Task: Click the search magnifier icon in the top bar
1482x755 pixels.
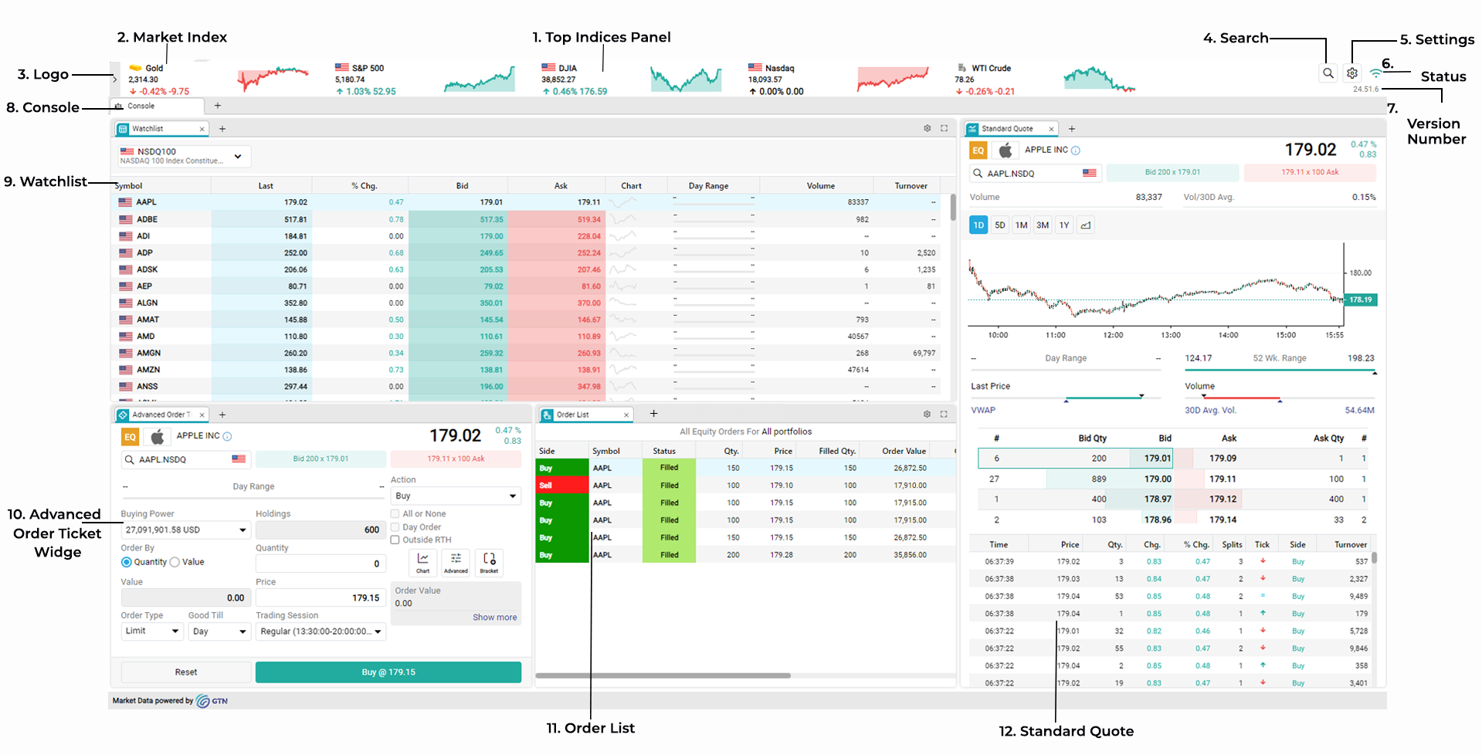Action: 1328,73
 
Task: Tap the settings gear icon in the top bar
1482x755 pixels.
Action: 1352,73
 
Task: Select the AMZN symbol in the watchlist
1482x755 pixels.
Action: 148,370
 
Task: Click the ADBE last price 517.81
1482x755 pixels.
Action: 295,219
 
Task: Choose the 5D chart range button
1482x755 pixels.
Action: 1000,225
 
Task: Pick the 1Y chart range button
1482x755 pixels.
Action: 1064,225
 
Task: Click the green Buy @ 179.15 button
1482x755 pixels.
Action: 388,672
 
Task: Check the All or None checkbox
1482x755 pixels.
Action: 395,514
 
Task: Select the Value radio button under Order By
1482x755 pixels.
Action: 175,562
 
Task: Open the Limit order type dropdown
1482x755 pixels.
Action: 152,631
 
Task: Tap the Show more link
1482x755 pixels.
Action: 494,618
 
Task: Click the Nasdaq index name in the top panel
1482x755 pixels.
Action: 779,68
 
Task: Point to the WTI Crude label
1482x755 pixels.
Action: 991,68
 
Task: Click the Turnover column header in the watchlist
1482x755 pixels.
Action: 911,186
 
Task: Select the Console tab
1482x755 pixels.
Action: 141,106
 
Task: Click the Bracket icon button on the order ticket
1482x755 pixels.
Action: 490,562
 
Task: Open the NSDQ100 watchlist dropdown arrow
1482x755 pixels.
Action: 238,156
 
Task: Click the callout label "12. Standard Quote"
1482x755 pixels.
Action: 1066,731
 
